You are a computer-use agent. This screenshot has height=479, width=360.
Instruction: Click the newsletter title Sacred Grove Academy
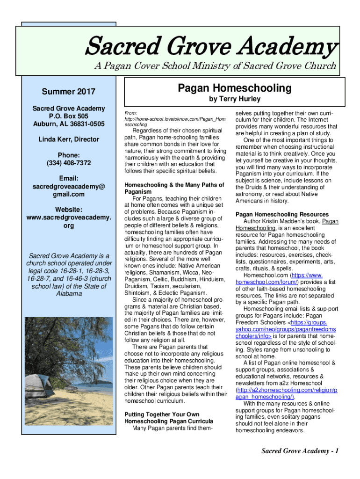click(x=210, y=47)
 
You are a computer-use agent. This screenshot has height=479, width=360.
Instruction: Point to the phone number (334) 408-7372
click(x=68, y=163)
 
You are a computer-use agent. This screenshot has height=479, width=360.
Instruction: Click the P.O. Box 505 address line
click(x=68, y=116)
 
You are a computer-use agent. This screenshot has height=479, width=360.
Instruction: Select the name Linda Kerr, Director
click(x=68, y=139)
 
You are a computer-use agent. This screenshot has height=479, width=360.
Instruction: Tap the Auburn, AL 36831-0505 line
click(x=68, y=124)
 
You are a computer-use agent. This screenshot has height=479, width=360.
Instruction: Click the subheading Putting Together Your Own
click(x=162, y=414)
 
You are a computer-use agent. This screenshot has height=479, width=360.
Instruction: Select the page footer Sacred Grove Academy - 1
click(x=300, y=451)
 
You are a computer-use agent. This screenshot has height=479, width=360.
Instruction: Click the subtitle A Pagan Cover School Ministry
click(x=215, y=66)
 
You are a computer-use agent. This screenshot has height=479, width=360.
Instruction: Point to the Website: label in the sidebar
click(x=68, y=210)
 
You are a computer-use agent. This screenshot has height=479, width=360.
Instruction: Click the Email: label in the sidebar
click(x=68, y=178)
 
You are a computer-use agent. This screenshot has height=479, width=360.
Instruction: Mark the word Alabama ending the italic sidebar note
click(x=68, y=293)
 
